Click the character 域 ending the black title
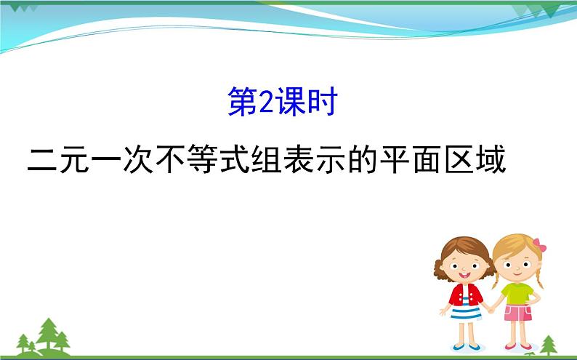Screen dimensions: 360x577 coord(486,158)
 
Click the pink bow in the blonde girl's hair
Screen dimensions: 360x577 coord(538,244)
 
